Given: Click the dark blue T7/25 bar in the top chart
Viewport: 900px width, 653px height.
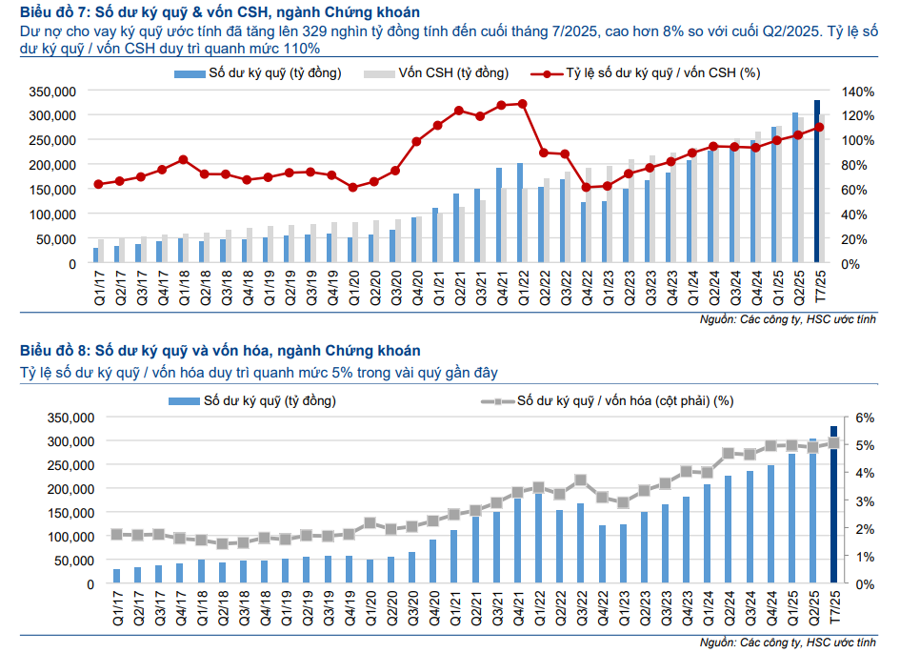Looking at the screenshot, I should (816, 181).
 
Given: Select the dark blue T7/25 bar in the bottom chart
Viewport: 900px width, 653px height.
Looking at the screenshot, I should (834, 505).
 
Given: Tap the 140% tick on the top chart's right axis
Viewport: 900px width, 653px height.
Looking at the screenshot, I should (856, 91).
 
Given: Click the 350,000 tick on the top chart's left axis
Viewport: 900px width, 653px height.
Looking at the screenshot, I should (52, 91).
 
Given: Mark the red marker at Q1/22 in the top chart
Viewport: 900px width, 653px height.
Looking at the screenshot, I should (521, 103).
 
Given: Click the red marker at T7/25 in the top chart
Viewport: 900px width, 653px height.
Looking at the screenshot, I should (819, 127).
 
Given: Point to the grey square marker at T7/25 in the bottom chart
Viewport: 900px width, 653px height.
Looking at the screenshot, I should (834, 442).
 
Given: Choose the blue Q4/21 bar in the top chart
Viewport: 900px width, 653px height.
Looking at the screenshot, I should (498, 214).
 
